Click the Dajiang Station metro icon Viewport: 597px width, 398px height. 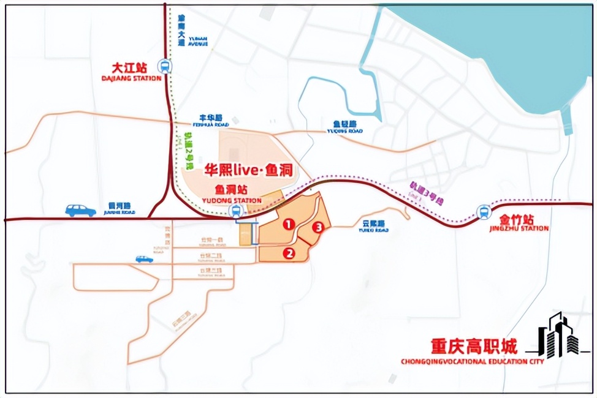[164, 66]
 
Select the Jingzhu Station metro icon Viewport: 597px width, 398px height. [484, 212]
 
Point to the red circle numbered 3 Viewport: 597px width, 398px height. [318, 228]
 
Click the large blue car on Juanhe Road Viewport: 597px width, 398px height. [80, 211]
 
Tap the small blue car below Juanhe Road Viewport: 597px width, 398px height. [144, 259]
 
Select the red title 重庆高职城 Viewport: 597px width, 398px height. [473, 347]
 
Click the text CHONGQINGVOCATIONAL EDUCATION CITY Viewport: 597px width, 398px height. [472, 362]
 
